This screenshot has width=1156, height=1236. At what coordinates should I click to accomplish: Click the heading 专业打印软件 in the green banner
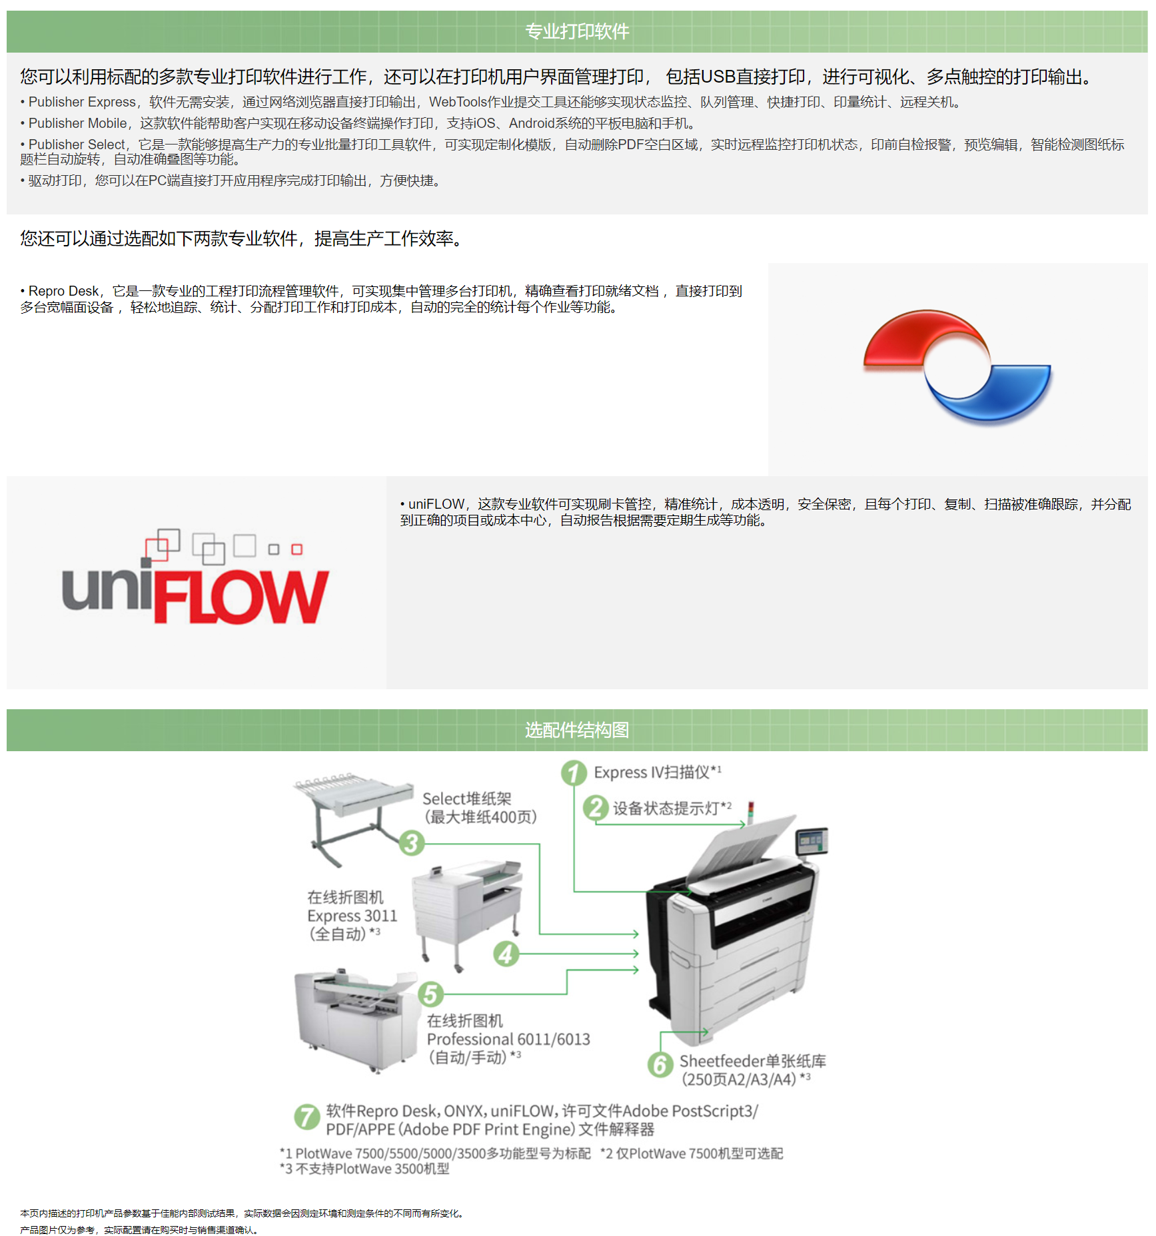pyautogui.click(x=577, y=31)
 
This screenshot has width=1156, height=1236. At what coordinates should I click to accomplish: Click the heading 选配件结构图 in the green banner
pyautogui.click(x=577, y=730)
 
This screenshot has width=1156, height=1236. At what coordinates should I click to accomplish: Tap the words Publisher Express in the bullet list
pyautogui.click(x=82, y=102)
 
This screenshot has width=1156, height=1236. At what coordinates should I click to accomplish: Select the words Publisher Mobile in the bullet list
pyautogui.click(x=77, y=123)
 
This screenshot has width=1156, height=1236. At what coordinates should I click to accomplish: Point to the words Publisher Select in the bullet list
pyautogui.click(x=77, y=145)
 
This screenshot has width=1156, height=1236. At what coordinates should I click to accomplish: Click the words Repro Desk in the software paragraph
pyautogui.click(x=63, y=291)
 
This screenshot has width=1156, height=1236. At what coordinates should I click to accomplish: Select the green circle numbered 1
pyautogui.click(x=574, y=773)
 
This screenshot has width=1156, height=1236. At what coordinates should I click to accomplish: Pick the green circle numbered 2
pyautogui.click(x=596, y=808)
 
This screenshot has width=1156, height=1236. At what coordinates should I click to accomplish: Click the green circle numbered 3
pyautogui.click(x=412, y=843)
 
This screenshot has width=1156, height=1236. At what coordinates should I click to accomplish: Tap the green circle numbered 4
pyautogui.click(x=506, y=954)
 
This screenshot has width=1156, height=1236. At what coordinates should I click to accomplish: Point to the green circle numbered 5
pyautogui.click(x=430, y=994)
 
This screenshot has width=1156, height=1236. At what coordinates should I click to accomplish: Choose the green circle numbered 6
pyautogui.click(x=660, y=1064)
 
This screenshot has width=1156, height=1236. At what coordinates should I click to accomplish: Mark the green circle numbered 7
pyautogui.click(x=307, y=1117)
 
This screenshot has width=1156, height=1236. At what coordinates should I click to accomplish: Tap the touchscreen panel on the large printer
pyautogui.click(x=812, y=841)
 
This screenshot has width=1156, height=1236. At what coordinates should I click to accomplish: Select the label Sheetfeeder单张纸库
pyautogui.click(x=752, y=1061)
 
